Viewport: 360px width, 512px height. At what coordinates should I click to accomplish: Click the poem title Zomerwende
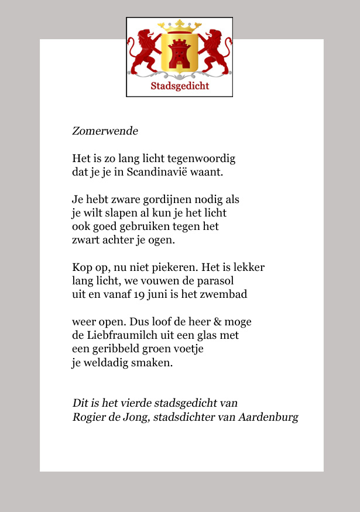105,131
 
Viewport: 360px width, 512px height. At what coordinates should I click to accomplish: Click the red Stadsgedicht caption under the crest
180,87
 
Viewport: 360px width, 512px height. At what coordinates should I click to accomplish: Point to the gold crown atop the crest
179,27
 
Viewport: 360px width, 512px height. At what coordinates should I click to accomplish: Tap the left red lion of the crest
144,53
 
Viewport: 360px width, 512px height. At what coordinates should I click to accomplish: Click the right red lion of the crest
215,53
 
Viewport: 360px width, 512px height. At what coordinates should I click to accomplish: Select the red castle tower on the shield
180,54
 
